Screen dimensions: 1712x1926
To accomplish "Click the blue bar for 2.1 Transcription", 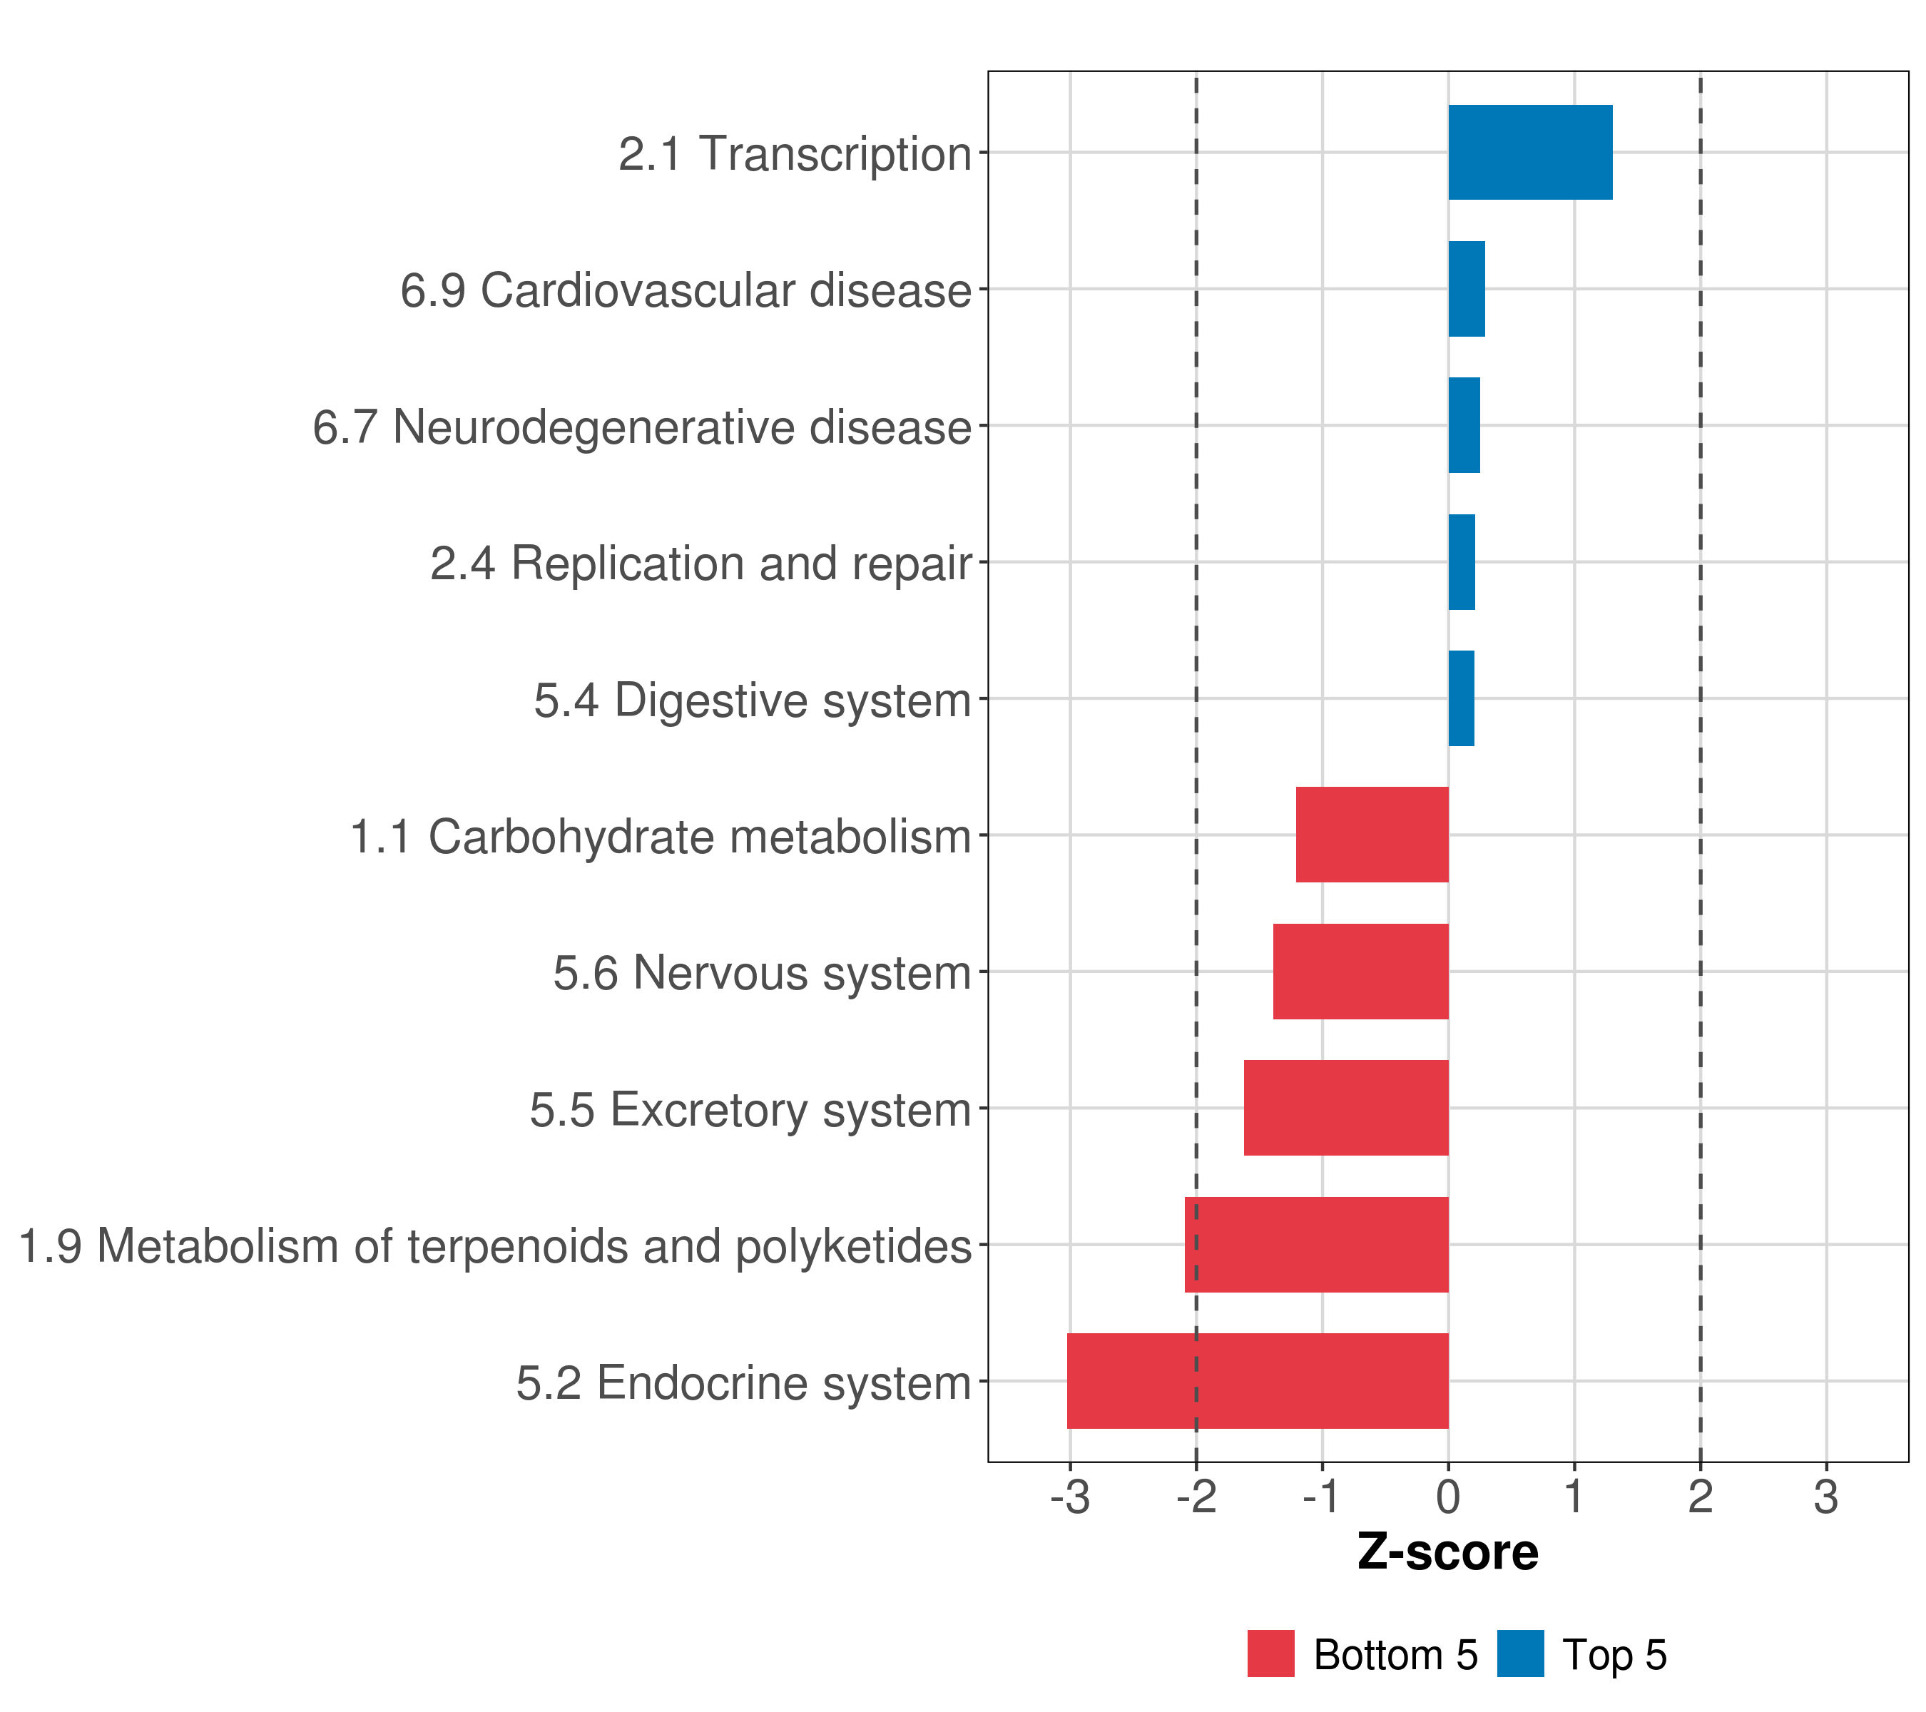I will click(1529, 153).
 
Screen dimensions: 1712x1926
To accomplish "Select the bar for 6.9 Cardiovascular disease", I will click(1466, 290).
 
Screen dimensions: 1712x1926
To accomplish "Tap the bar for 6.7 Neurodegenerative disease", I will click(1463, 426).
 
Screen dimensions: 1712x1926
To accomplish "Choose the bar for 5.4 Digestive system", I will click(1460, 698).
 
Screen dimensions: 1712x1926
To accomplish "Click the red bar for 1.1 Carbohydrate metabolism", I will click(1372, 835).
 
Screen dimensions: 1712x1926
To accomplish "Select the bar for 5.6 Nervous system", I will click(1360, 972).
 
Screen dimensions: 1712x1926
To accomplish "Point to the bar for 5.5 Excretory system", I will click(1345, 1108).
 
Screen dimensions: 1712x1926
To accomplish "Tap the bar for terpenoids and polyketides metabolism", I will click(1315, 1245).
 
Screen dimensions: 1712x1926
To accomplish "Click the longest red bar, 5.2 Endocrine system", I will click(1257, 1381).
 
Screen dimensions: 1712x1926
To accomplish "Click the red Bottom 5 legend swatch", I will click(1270, 1654).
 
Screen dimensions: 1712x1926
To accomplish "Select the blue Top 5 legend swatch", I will click(1520, 1654).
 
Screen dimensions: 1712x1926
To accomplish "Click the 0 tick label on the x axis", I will click(1448, 1498).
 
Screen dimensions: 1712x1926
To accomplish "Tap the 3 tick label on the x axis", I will click(1826, 1498).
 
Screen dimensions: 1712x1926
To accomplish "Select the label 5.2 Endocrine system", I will click(743, 1383).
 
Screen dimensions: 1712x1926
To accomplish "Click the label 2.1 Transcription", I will click(795, 153).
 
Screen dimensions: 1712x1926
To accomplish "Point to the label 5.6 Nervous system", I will click(761, 973).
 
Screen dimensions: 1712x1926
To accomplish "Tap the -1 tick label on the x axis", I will click(1321, 1498).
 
